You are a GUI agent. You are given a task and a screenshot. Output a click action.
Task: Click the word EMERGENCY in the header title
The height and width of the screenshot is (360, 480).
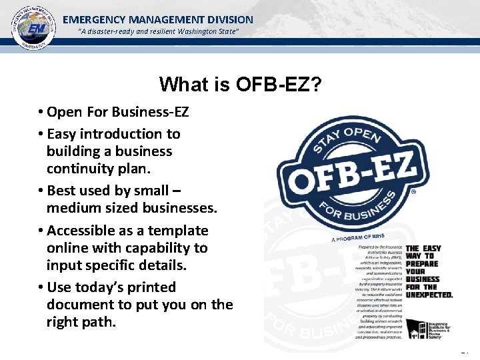[93, 20]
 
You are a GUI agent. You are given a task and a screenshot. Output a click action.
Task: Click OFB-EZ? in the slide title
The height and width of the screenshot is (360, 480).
[279, 85]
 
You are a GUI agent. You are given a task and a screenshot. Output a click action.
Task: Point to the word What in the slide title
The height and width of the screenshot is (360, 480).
[180, 85]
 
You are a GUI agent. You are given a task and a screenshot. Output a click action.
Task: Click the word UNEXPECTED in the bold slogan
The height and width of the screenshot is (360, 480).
[429, 295]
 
